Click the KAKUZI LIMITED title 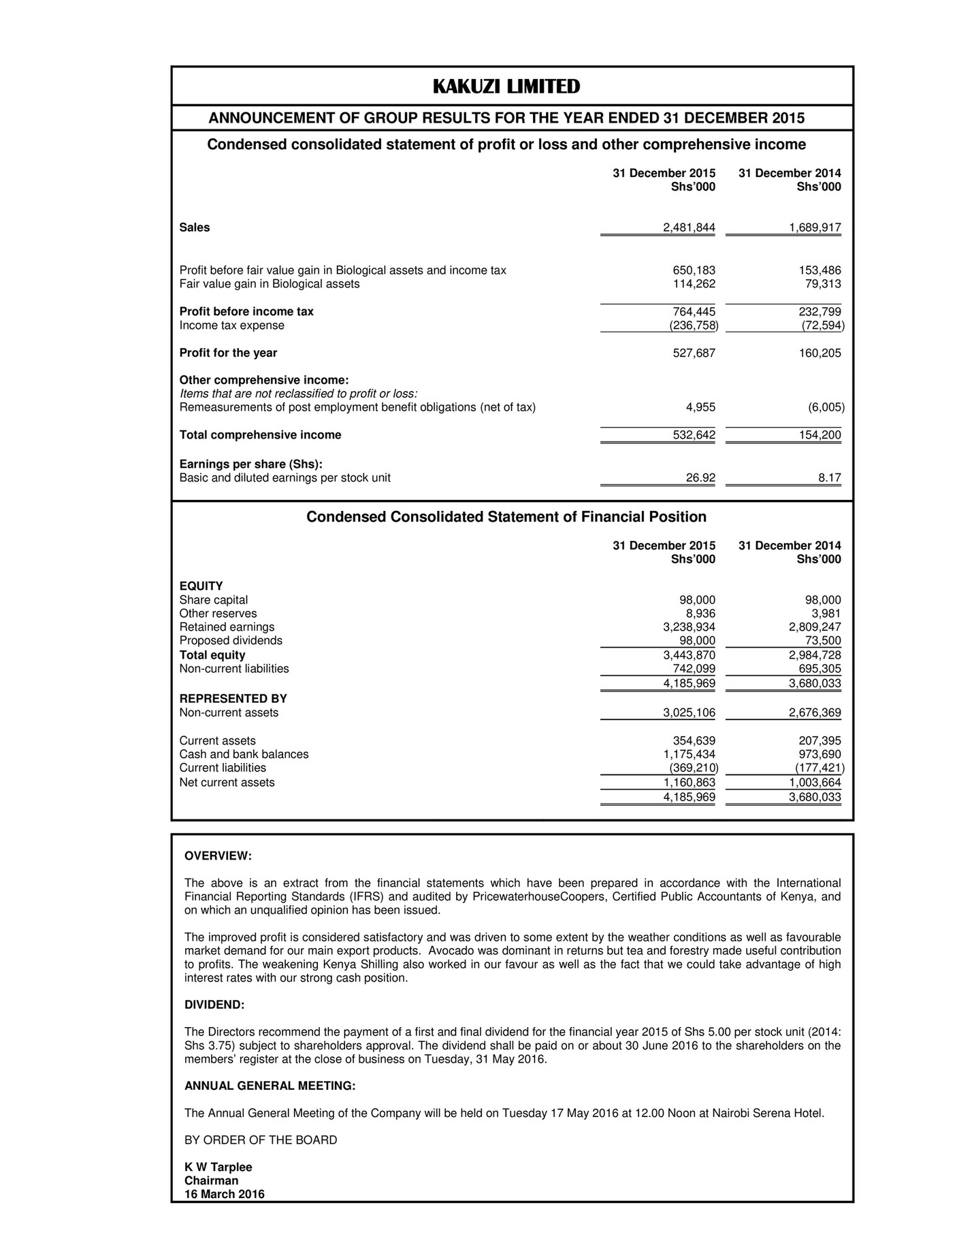506,87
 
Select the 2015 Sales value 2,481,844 689,228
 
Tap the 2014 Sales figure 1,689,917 815,228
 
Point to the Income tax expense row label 231,326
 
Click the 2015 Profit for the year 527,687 689,353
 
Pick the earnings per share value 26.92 700,478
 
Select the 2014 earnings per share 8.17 829,478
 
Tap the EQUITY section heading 201,586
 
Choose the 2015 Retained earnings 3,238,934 689,627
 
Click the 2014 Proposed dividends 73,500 822,640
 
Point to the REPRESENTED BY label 233,699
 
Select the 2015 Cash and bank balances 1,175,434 689,754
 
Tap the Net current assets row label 227,783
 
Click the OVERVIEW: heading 218,856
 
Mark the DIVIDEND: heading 214,1005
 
